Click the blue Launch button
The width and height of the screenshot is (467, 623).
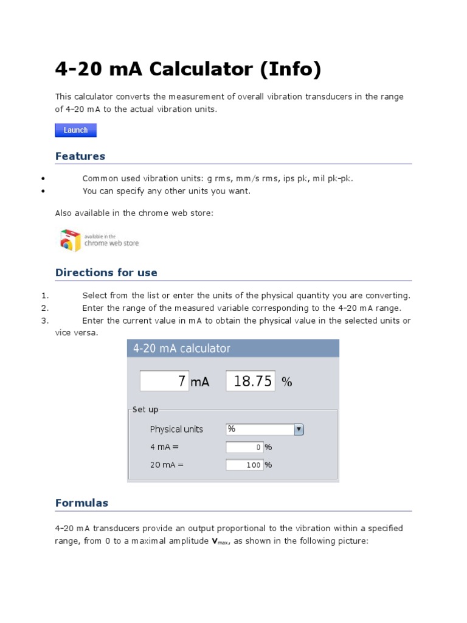75,130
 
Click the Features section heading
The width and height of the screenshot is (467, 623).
80,156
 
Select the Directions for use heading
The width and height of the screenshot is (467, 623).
106,273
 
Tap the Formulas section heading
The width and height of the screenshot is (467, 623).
81,503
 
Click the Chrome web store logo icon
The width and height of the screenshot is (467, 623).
70,240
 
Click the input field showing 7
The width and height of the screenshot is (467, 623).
164,381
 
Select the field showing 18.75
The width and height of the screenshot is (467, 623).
251,381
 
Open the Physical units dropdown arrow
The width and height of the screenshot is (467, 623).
299,430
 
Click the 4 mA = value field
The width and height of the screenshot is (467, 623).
244,448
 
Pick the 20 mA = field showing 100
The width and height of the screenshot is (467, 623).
244,465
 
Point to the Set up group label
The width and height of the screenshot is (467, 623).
145,410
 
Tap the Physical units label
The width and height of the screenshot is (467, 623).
176,430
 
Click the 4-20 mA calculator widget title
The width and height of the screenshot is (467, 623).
182,349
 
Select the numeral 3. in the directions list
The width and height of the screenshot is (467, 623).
45,321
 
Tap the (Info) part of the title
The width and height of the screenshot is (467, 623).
290,69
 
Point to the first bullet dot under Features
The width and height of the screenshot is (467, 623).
43,179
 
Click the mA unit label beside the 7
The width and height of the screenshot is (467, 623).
200,382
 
